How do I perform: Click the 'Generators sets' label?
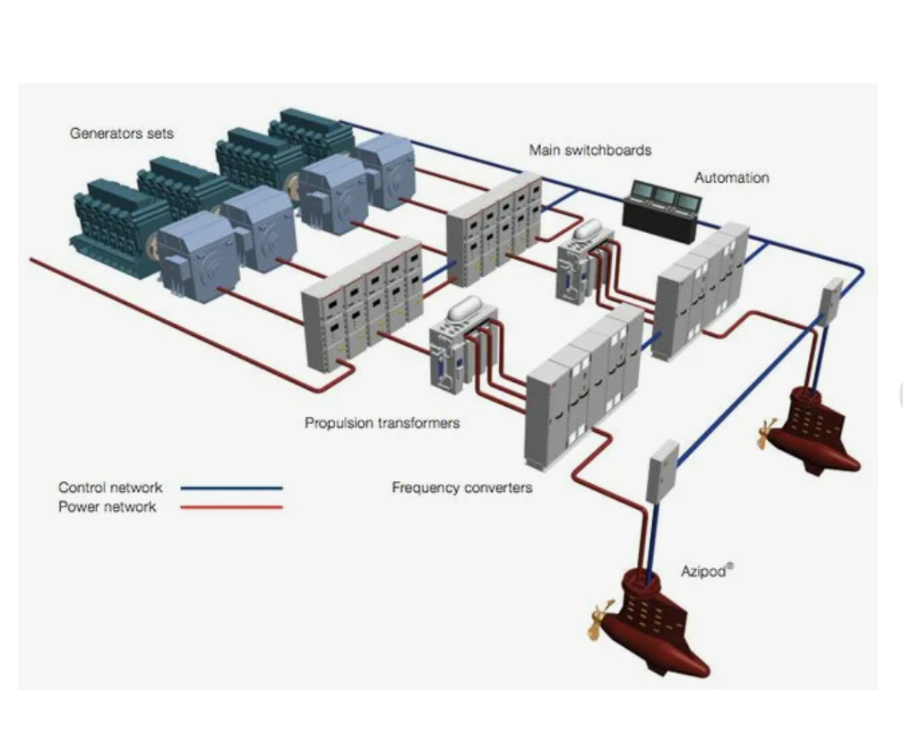point(122,134)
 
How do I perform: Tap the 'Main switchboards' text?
point(589,150)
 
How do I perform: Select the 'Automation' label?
point(731,177)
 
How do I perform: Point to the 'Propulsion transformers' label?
point(382,422)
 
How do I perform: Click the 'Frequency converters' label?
point(461,488)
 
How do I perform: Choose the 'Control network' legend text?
point(110,488)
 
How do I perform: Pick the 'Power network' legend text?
point(107,507)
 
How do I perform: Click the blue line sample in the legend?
point(231,488)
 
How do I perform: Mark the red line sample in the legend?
point(231,507)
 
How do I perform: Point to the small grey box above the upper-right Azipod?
point(831,299)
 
